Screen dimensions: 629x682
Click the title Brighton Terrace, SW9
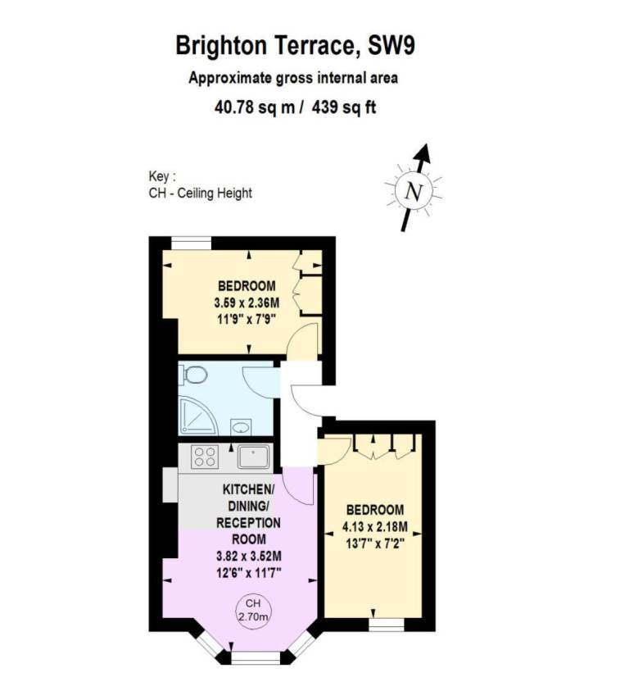pos(295,46)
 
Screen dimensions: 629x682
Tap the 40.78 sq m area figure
pos(255,107)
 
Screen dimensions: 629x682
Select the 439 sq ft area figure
pos(343,107)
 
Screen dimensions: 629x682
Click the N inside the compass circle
pos(414,191)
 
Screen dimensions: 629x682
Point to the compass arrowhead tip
pos(426,144)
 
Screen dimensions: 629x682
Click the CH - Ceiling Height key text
pos(201,193)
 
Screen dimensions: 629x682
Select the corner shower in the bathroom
pos(197,416)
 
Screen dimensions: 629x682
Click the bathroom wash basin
pos(241,426)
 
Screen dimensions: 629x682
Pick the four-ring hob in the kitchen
pos(205,457)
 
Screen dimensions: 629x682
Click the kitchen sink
pos(253,457)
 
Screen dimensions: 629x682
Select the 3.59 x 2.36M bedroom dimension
pos(247,302)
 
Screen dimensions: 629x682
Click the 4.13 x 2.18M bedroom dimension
pos(375,527)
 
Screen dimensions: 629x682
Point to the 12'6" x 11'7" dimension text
pos(249,572)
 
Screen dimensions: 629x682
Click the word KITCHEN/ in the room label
pos(249,489)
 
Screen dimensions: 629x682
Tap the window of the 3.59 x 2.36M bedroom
pos(192,243)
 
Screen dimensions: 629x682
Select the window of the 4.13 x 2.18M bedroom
pos(387,625)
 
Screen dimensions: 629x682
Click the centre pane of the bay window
pos(256,658)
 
